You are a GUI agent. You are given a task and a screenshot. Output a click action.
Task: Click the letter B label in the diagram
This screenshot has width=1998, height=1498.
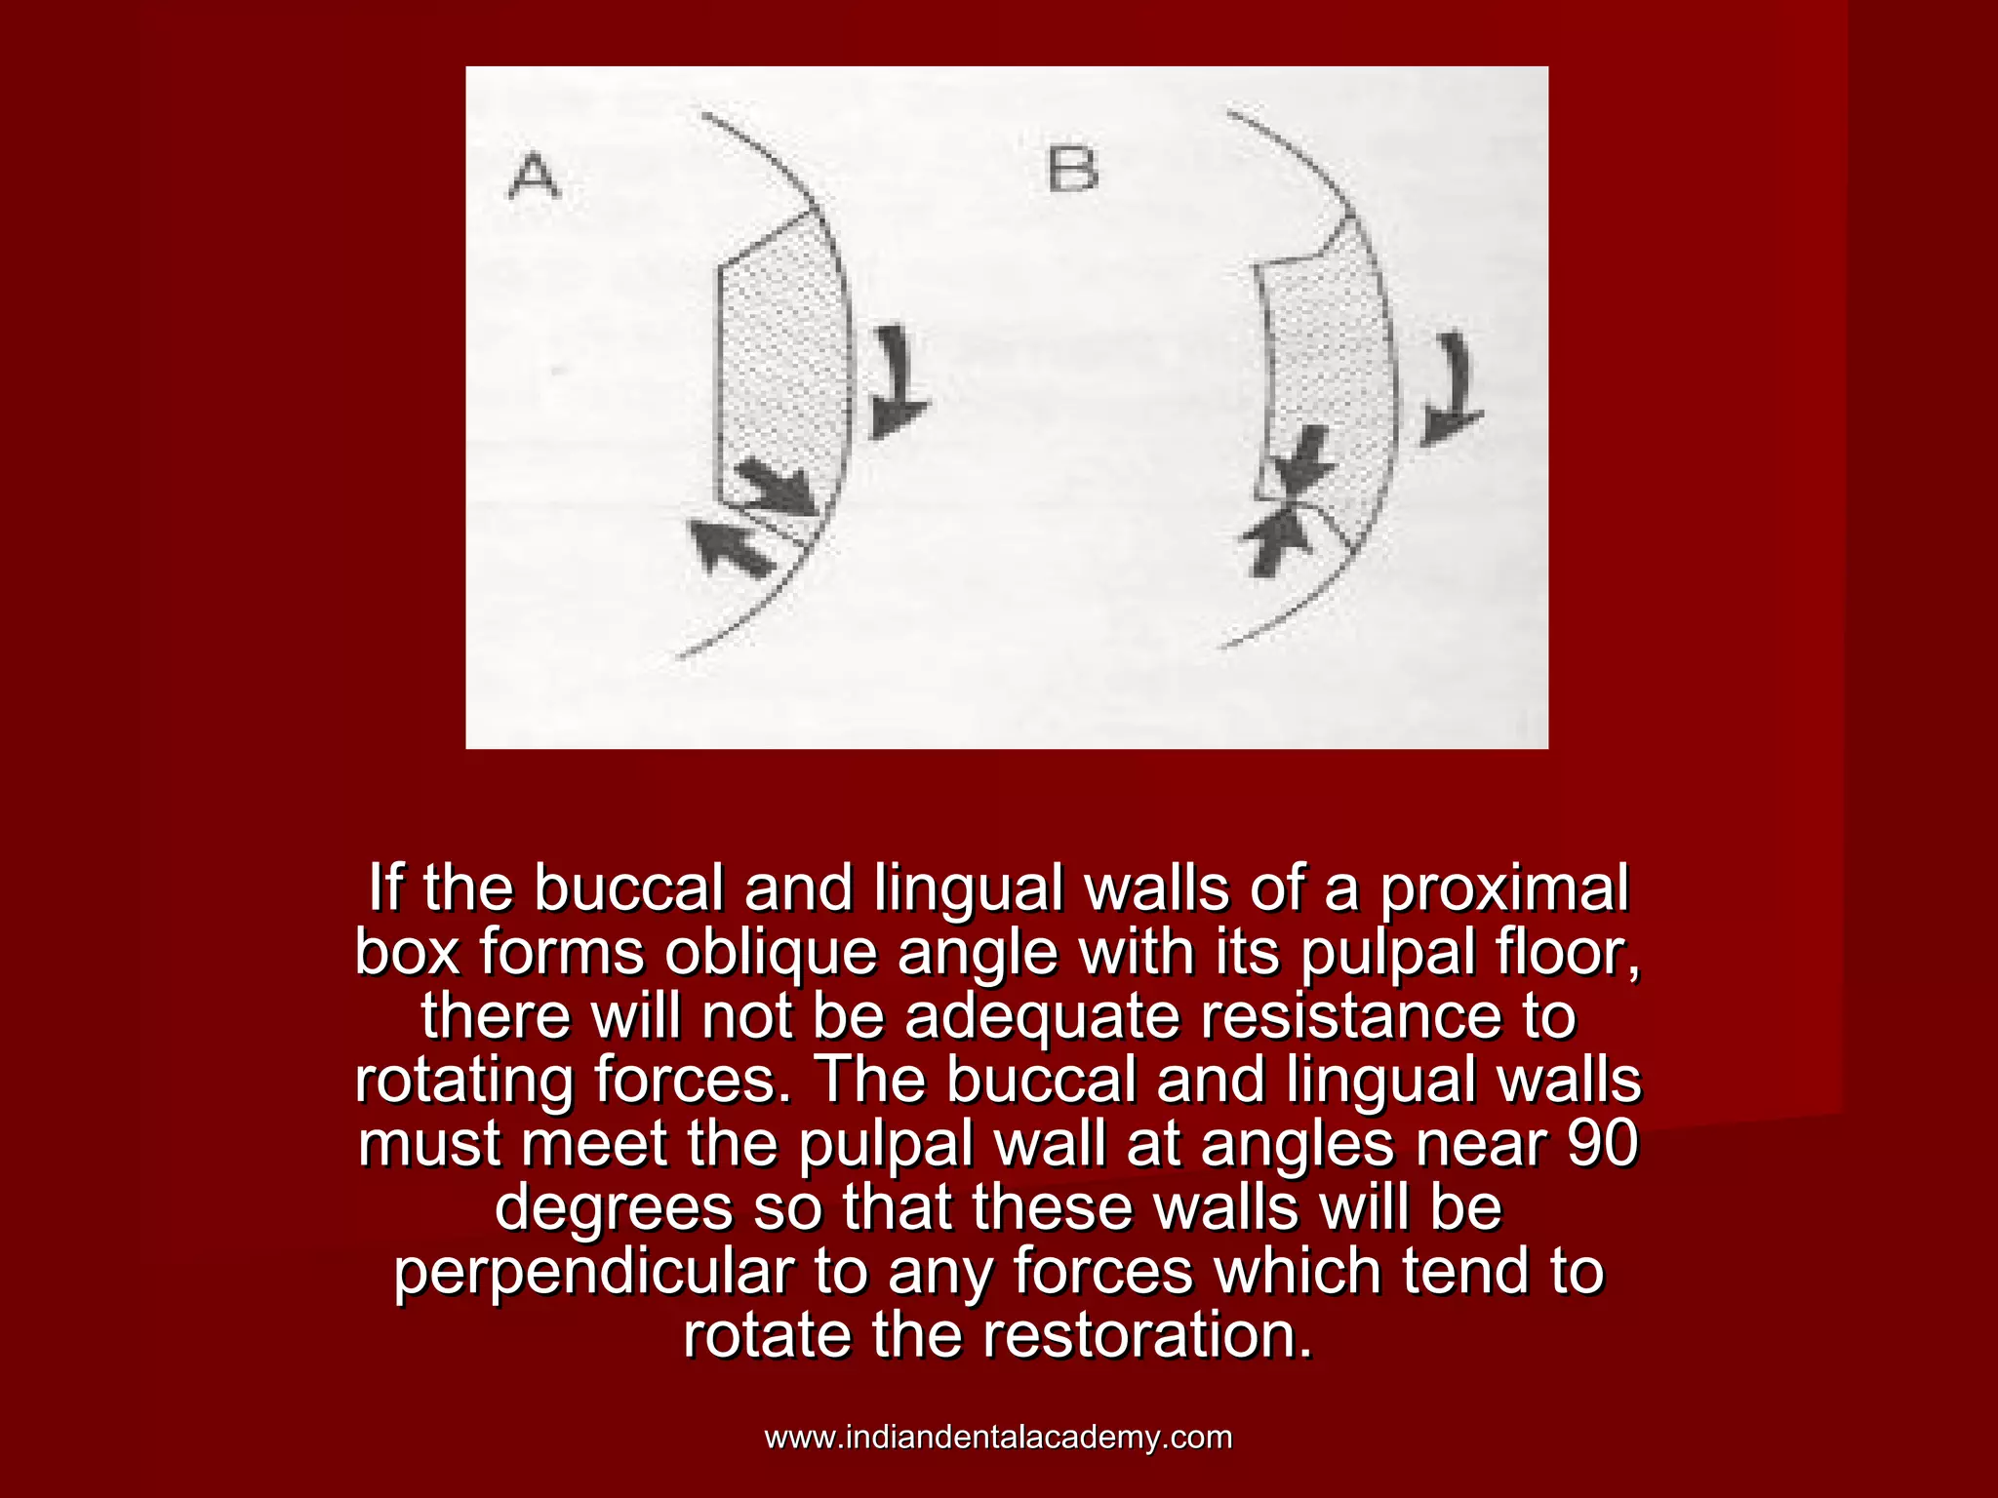(1072, 169)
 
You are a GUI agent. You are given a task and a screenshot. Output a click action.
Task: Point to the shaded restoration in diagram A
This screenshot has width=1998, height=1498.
(780, 371)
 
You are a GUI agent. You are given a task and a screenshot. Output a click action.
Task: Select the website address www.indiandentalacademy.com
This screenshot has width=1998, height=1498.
(998, 1438)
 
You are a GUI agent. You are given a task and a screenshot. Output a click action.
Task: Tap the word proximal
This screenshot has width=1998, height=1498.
(1504, 888)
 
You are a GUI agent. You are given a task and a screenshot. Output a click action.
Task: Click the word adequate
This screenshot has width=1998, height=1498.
(1041, 1016)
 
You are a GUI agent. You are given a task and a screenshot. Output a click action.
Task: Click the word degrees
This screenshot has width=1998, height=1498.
(614, 1207)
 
